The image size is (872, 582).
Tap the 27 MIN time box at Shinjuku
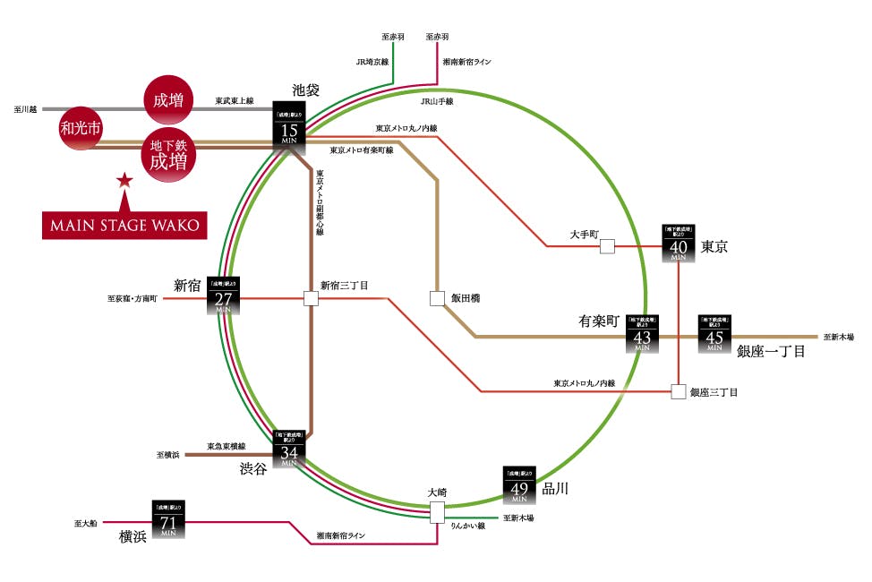click(224, 295)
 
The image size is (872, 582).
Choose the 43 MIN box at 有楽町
click(642, 332)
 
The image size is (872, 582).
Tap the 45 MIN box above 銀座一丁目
click(714, 332)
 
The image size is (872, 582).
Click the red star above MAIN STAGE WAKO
click(124, 181)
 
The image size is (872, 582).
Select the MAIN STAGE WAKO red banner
click(124, 224)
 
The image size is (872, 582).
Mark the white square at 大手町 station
click(607, 246)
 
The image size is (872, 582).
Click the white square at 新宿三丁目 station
click(311, 298)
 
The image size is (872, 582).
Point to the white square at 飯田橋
click(437, 299)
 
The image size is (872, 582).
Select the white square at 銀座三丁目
click(678, 391)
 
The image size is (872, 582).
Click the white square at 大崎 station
click(437, 512)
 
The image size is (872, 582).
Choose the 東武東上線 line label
click(235, 102)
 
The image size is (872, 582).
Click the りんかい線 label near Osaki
click(469, 526)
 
